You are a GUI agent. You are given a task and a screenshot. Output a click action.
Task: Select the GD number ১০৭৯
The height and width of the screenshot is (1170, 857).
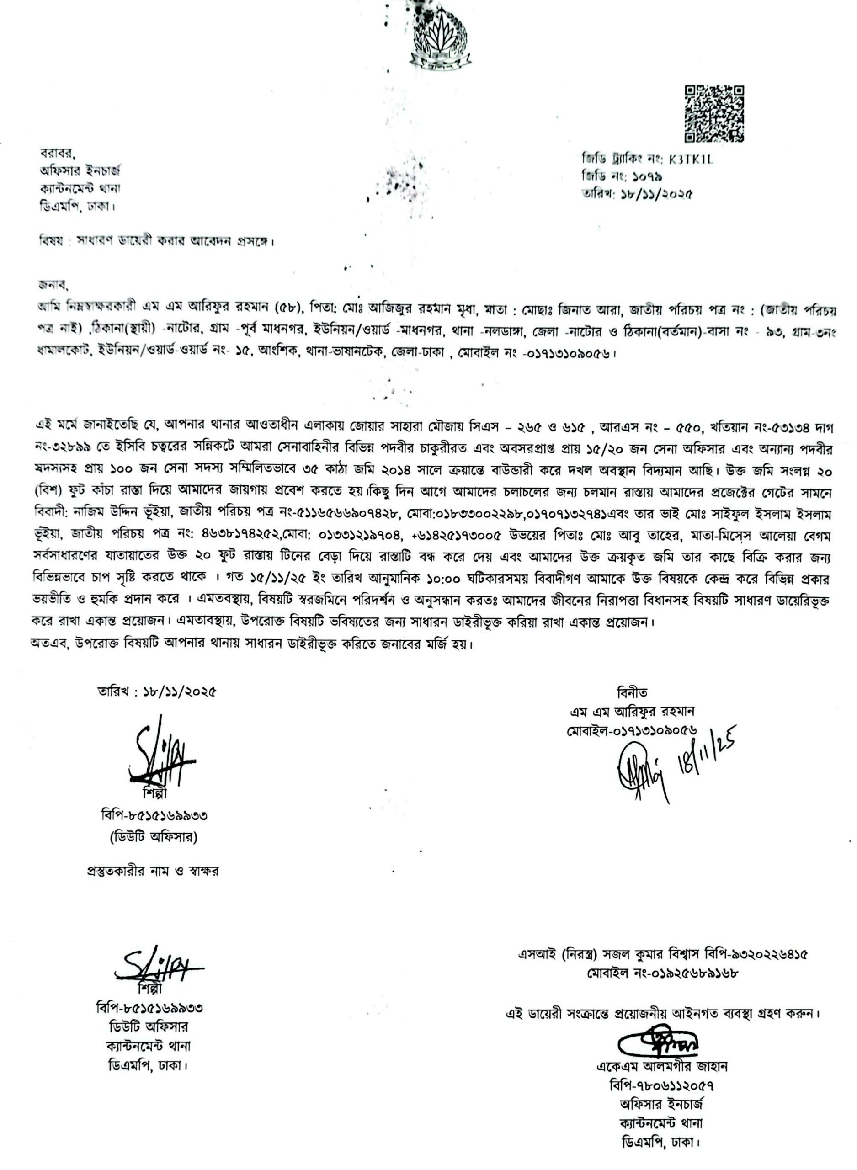(645, 176)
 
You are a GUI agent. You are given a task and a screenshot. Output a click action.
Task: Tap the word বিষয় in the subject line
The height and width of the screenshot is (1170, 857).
(51, 241)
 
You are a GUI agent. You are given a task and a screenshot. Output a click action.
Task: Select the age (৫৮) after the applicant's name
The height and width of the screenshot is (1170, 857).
(287, 311)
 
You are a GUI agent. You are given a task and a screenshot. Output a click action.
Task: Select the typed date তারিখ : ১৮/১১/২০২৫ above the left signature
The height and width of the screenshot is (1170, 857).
(157, 692)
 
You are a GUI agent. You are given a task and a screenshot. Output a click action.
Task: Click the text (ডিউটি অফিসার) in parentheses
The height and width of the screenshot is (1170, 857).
(154, 837)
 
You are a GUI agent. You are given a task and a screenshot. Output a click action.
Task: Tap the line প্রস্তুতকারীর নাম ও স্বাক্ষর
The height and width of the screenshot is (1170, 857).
(153, 871)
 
